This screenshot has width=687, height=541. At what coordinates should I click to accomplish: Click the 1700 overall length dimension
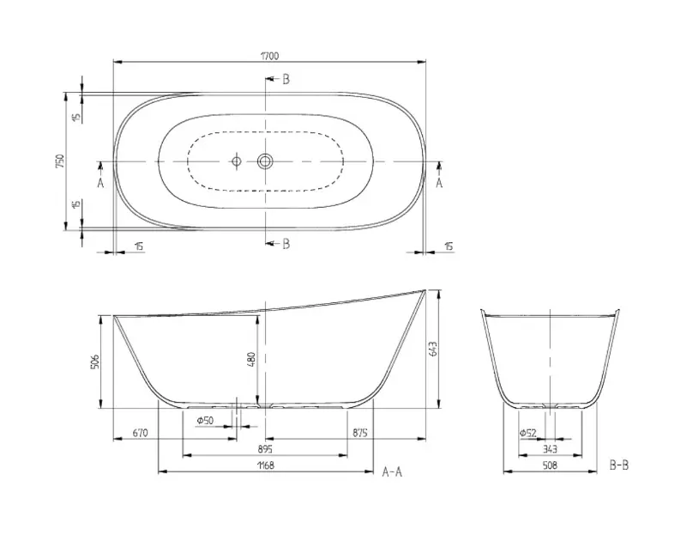coord(268,56)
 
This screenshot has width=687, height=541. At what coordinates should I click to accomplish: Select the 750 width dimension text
coord(60,161)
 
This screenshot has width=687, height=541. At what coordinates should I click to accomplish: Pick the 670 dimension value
coord(141,433)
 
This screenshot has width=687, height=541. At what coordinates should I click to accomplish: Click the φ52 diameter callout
coord(528,433)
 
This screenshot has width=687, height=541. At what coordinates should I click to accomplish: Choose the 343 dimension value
coord(550,449)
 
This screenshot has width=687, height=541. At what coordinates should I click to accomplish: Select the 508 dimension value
coord(550,465)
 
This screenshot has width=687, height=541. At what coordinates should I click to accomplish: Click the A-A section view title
coord(392,471)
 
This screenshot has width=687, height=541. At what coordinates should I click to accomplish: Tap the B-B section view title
coord(618,465)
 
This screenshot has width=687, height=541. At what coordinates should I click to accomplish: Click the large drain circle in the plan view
coord(265,161)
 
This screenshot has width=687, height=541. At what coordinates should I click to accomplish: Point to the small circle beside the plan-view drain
coord(235,161)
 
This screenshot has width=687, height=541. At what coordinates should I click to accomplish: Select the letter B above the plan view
coord(286,79)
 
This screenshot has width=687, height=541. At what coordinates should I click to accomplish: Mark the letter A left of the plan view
coord(100,182)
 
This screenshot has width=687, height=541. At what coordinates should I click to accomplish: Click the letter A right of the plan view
coord(439,182)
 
